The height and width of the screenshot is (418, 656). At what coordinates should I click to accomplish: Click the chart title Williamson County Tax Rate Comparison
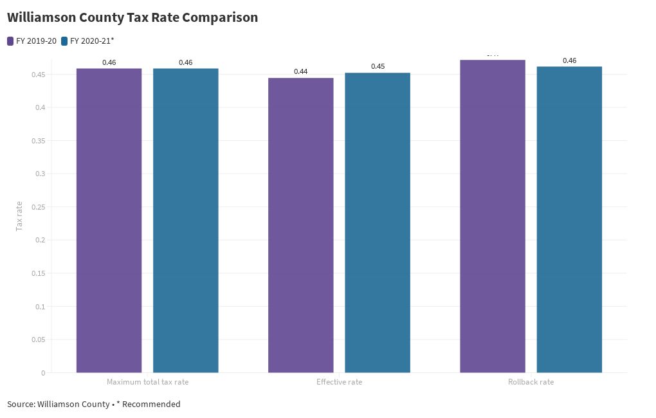(x=132, y=18)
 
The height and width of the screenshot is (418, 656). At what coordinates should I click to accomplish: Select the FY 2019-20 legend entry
(x=32, y=41)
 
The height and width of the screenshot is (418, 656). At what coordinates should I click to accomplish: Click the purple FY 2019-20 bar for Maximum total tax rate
(x=109, y=220)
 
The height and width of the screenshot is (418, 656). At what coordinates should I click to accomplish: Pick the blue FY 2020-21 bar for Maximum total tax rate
(x=185, y=220)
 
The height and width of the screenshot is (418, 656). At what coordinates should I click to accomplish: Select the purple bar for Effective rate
(x=300, y=225)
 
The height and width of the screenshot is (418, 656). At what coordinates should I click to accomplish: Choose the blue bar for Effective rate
(x=378, y=223)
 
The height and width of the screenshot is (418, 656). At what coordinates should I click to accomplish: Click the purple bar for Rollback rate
(x=493, y=216)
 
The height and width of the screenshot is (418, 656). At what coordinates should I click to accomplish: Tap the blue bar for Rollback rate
(x=569, y=219)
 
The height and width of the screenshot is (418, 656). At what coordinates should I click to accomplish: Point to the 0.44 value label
(x=300, y=71)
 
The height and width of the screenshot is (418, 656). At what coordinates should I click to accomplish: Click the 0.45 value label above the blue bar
(x=378, y=66)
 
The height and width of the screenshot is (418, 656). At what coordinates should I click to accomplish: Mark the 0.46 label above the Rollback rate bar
(x=569, y=60)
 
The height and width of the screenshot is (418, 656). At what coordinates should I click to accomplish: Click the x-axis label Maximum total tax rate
(x=147, y=382)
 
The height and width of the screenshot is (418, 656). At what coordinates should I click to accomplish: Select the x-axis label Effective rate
(x=339, y=382)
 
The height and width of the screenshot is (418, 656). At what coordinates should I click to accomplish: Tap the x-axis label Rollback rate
(x=531, y=382)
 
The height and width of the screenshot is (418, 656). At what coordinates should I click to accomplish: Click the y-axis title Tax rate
(x=19, y=216)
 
